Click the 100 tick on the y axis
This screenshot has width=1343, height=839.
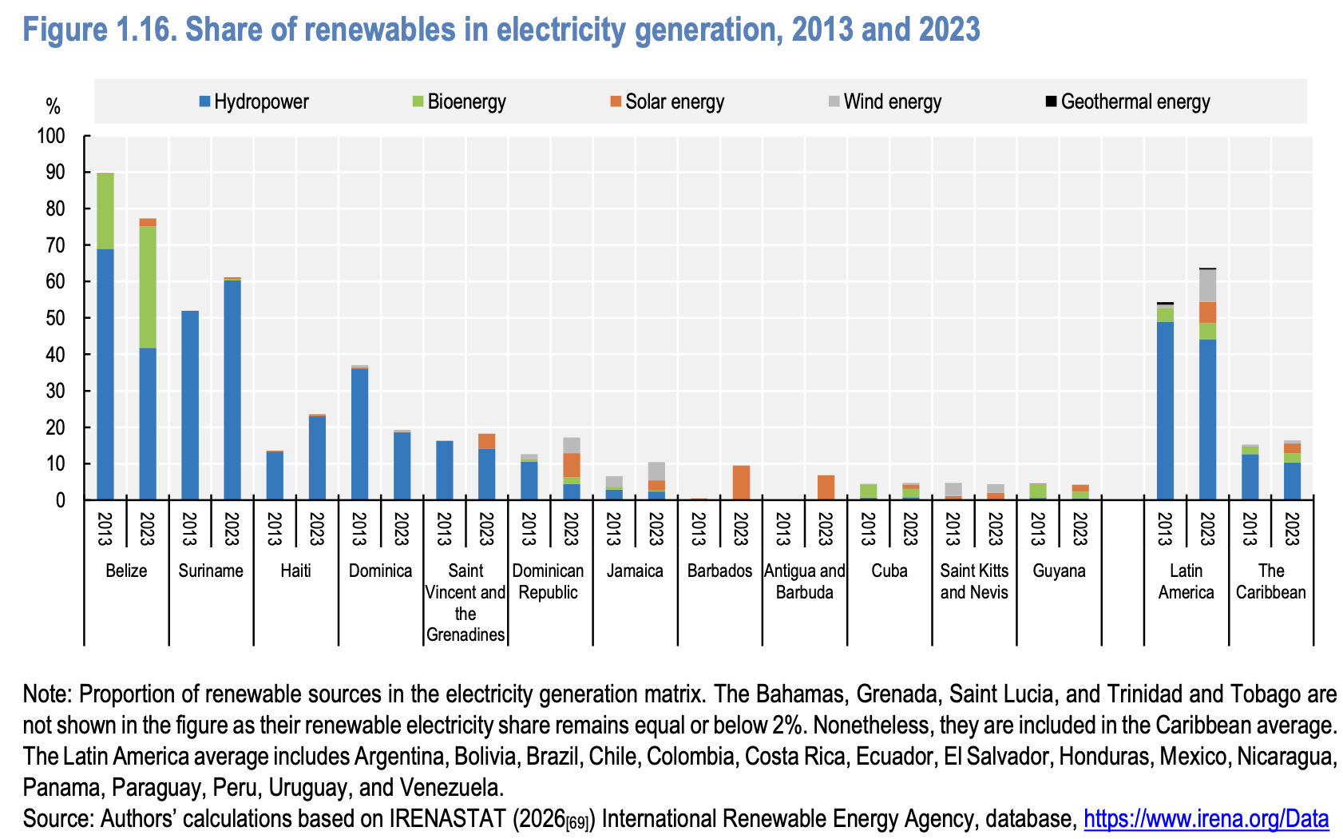point(50,137)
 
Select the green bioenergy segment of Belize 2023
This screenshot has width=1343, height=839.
point(148,287)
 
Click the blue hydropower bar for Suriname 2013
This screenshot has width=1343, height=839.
point(190,405)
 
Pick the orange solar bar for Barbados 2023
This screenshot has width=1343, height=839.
point(741,483)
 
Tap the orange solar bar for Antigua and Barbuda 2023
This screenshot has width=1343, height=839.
point(826,487)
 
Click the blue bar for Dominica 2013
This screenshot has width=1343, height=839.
point(359,434)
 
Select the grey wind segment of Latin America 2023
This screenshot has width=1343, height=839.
point(1207,286)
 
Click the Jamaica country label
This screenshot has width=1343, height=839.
point(635,571)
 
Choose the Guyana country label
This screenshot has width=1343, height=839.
point(1059,571)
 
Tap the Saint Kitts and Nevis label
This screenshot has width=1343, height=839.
point(974,581)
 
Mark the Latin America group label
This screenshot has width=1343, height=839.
point(1186,581)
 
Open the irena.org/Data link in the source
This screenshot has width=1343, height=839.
point(1206,819)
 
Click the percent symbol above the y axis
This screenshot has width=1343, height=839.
point(53,106)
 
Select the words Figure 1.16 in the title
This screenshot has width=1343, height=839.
point(101,30)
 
